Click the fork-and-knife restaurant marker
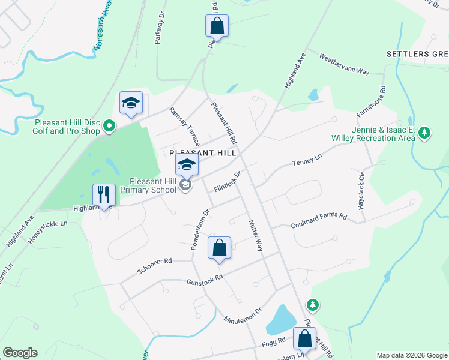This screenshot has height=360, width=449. pyautogui.click(x=104, y=195)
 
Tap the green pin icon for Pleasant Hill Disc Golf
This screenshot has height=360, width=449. pyautogui.click(x=109, y=127)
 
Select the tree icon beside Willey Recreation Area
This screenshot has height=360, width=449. pyautogui.click(x=424, y=133)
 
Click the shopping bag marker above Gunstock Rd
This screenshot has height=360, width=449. pyautogui.click(x=219, y=247)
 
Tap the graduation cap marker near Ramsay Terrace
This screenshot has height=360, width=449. pyautogui.click(x=130, y=103)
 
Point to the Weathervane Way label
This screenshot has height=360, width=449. pyautogui.click(x=343, y=62)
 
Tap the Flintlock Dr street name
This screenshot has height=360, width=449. pyautogui.click(x=228, y=182)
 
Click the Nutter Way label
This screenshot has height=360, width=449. pyautogui.click(x=256, y=235)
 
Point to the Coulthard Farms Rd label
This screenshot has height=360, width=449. pyautogui.click(x=319, y=221)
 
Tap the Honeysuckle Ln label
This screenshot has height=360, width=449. pyautogui.click(x=47, y=231)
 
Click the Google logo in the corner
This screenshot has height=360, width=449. pyautogui.click(x=20, y=353)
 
